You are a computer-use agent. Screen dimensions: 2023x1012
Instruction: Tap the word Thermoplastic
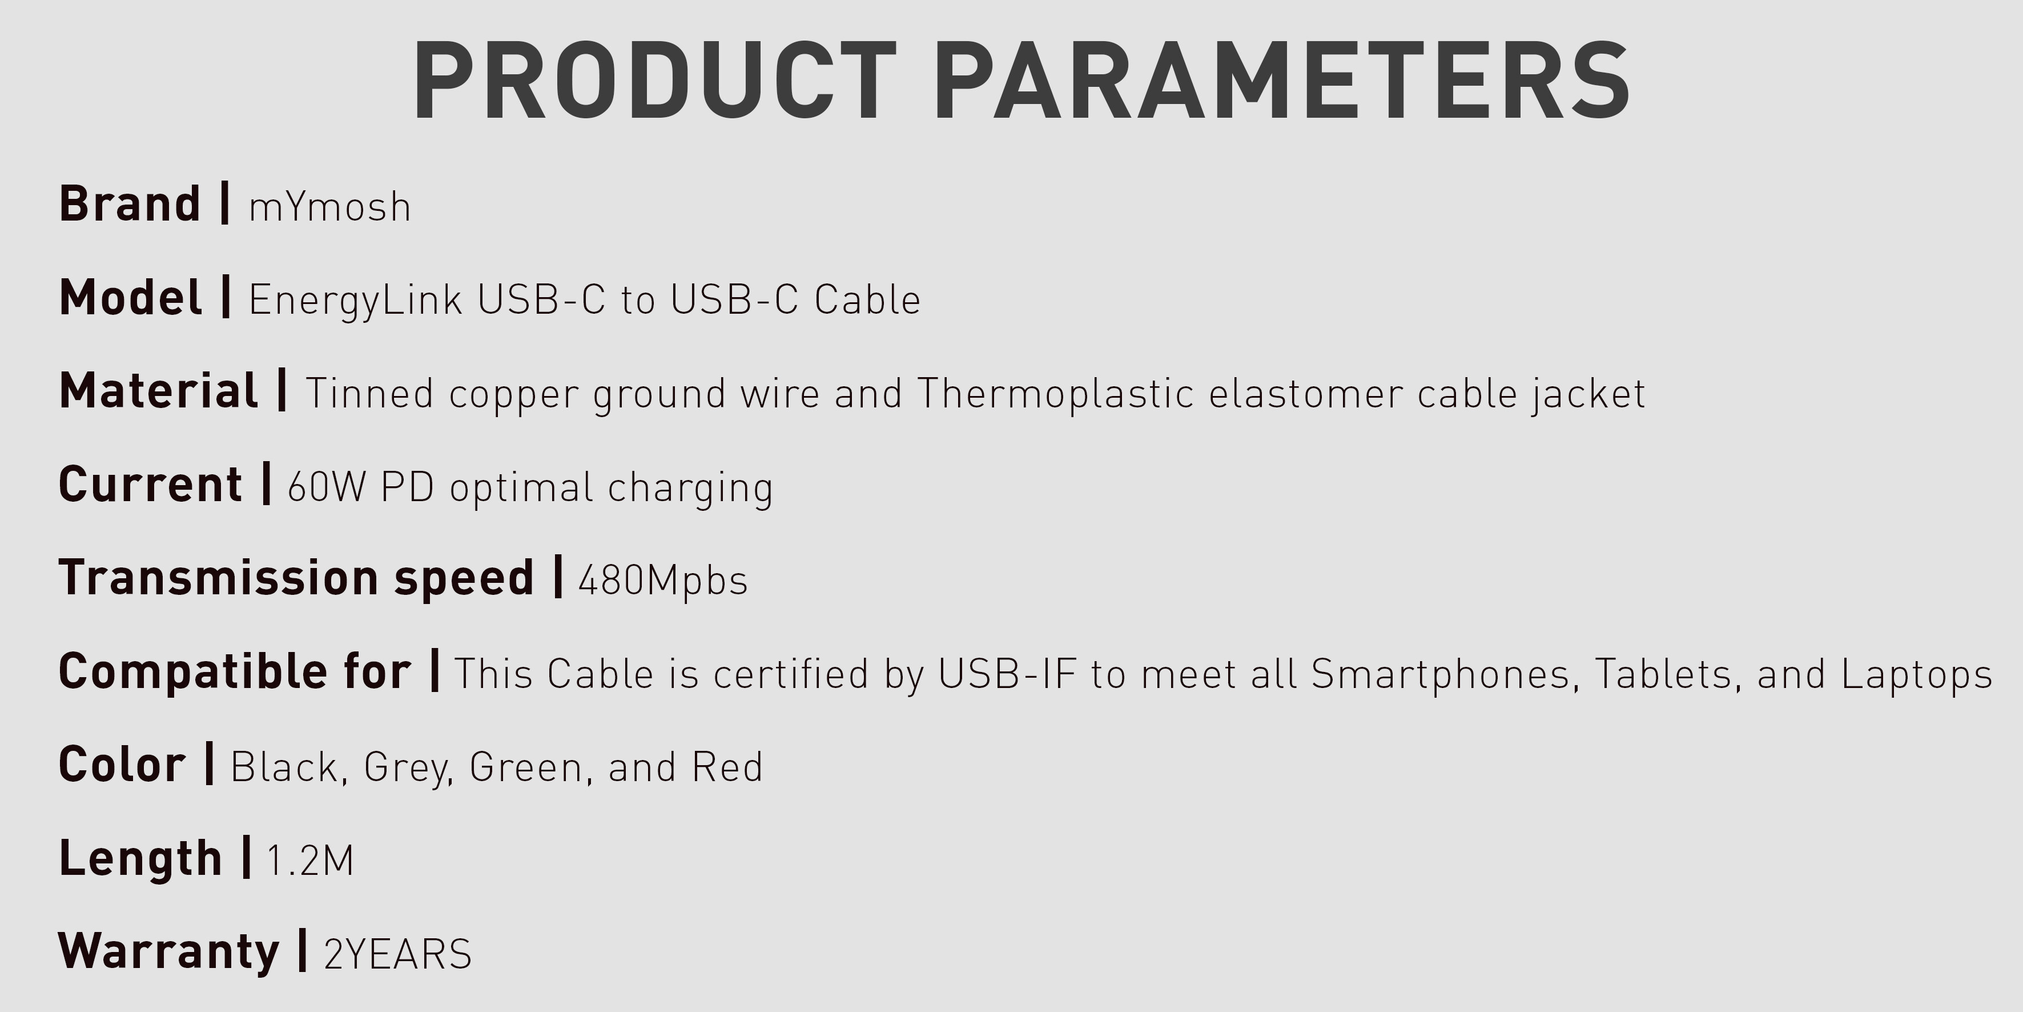pos(1056,394)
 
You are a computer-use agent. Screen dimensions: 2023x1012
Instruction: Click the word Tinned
pos(369,394)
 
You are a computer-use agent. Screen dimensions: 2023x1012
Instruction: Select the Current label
pos(151,484)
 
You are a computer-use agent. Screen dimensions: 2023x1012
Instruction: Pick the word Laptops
pos(1917,675)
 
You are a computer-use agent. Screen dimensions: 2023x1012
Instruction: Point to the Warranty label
pos(169,951)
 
